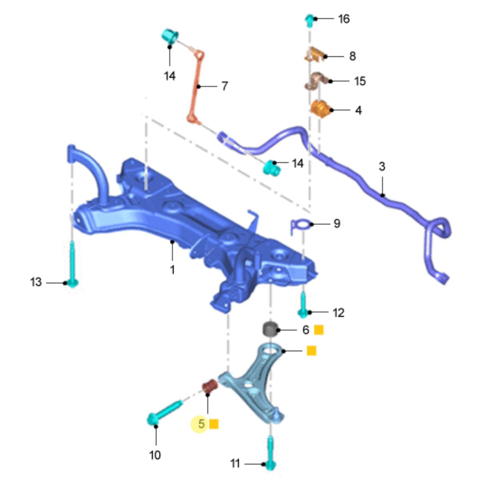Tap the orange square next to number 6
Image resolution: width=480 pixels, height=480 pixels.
tap(318, 330)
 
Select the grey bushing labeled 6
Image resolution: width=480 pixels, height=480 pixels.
tap(270, 329)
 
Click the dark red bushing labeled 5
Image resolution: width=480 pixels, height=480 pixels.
tap(210, 386)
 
